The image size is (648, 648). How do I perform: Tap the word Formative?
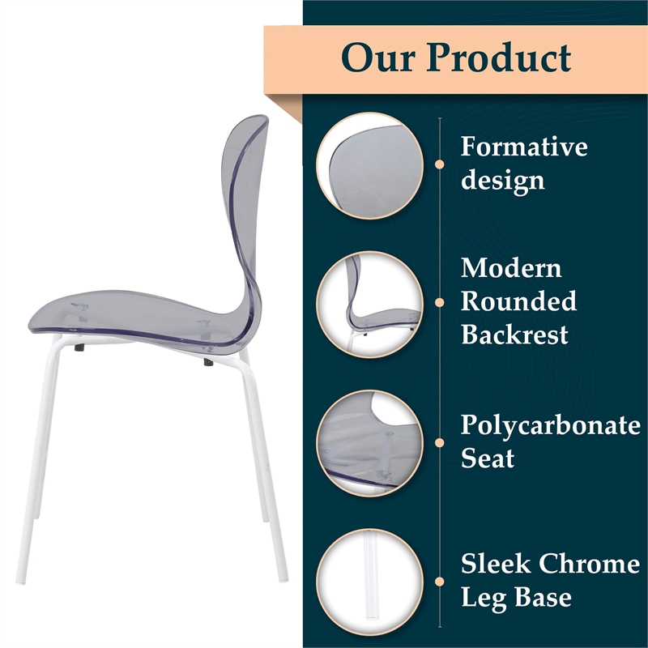(x=524, y=147)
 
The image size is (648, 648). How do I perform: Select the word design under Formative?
(x=502, y=180)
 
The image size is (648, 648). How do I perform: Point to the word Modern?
(x=511, y=268)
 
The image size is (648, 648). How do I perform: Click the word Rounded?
(x=518, y=301)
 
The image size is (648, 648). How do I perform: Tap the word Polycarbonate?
(x=550, y=426)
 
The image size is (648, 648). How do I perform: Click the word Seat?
(x=488, y=458)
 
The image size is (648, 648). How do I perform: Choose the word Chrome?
(x=590, y=564)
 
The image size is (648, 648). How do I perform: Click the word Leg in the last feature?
(x=484, y=598)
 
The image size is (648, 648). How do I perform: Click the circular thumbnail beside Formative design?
(x=370, y=165)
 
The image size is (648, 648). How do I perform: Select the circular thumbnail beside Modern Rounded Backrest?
(x=370, y=302)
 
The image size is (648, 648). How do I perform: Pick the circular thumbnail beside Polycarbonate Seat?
(x=370, y=442)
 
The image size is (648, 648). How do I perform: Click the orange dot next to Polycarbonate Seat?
(x=440, y=442)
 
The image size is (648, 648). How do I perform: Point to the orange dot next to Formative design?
(x=440, y=164)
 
